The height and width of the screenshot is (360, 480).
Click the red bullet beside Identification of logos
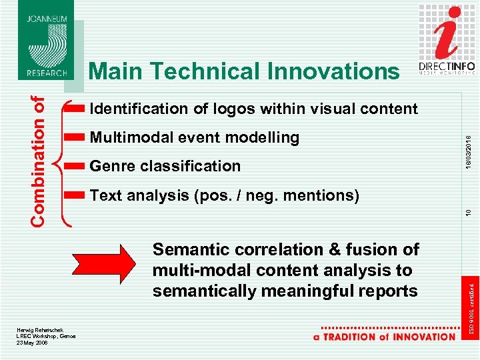(75, 109)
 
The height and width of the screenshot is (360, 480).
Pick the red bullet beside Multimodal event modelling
(75, 138)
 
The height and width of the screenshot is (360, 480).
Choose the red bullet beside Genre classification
(75, 166)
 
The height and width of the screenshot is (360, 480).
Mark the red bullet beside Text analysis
(75, 195)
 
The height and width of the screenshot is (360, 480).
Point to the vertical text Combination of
(40, 159)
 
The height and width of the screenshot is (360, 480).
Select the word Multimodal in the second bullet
(127, 138)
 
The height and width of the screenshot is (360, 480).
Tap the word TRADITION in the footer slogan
(355, 337)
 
